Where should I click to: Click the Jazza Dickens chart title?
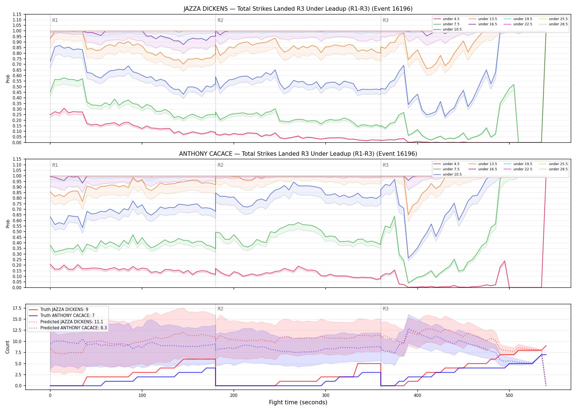[x=298, y=9]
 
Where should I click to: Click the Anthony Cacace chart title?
[x=298, y=154]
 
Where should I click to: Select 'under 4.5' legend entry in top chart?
[x=446, y=19]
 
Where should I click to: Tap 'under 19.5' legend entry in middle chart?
[x=518, y=164]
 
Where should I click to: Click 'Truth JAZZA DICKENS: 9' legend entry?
[x=59, y=310]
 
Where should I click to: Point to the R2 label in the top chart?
[x=220, y=20]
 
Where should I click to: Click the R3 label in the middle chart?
[x=385, y=165]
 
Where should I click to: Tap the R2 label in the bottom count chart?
[x=220, y=309]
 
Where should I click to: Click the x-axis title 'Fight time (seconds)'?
[x=298, y=402]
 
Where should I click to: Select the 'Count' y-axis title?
[x=7, y=347]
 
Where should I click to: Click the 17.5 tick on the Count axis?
[x=17, y=308]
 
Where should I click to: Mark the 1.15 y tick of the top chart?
[x=17, y=14]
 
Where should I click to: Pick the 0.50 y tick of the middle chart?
[x=17, y=232]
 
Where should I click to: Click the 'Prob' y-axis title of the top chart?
[x=8, y=79]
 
